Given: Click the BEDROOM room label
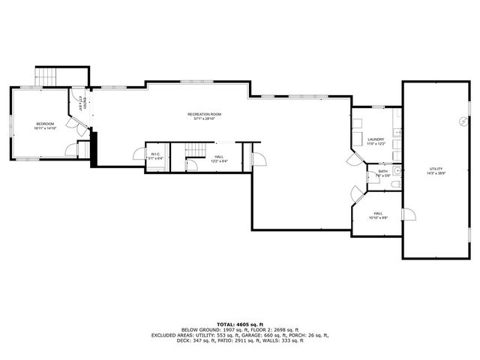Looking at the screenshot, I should click(45, 124).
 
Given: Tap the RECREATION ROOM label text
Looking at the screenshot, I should click(204, 114).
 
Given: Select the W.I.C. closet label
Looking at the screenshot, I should click(153, 154).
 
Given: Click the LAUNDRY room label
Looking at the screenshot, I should click(376, 139).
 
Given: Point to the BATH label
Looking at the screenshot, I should click(382, 172).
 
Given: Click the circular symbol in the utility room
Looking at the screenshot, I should click(463, 120).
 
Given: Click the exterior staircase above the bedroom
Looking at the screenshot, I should click(46, 76).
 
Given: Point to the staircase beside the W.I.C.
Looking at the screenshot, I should click(194, 153).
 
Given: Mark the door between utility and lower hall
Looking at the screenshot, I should click(409, 215).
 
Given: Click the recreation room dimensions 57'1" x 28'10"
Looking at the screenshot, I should click(204, 118).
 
